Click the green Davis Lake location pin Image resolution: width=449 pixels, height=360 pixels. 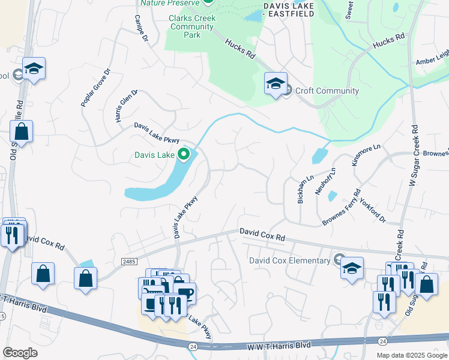184,155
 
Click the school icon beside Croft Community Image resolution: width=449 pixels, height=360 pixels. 276,83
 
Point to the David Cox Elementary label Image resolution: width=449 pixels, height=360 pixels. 290,260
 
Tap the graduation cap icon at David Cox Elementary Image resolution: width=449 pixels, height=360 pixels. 352,267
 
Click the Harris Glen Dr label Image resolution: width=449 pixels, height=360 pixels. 127,106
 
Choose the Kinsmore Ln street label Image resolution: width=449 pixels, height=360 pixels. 366,155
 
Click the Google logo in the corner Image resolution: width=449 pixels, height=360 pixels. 20,353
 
